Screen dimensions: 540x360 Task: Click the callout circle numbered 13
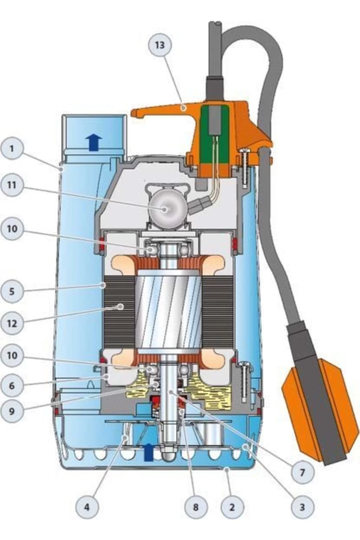tap(160, 45)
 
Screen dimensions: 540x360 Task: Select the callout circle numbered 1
tap(12, 148)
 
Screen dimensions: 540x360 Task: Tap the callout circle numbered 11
tap(12, 185)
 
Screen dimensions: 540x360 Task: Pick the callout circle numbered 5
tap(12, 291)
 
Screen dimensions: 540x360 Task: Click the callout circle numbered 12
tap(12, 323)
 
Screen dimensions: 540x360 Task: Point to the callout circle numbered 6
tap(12, 385)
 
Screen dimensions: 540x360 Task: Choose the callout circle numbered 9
tap(12, 411)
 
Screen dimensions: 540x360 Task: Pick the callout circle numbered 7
tap(302, 473)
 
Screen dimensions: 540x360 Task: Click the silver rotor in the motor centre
tap(168, 312)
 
